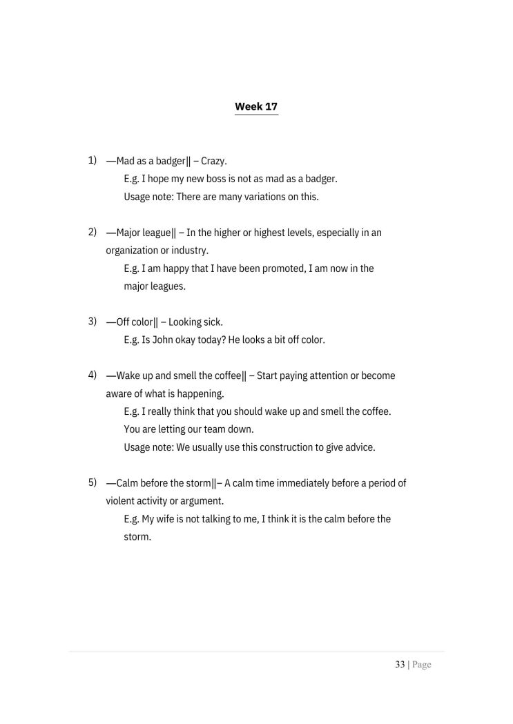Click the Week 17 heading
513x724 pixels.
pos(256,106)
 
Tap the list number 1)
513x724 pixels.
pos(92,160)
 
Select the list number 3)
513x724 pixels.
pos(92,321)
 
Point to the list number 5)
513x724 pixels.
pos(92,482)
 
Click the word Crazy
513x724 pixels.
pos(213,161)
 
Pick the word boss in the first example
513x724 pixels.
pos(217,179)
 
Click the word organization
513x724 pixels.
pos(135,251)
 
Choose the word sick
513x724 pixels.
pos(211,322)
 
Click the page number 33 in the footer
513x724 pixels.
pos(400,665)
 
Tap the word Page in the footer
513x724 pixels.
pos(421,665)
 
